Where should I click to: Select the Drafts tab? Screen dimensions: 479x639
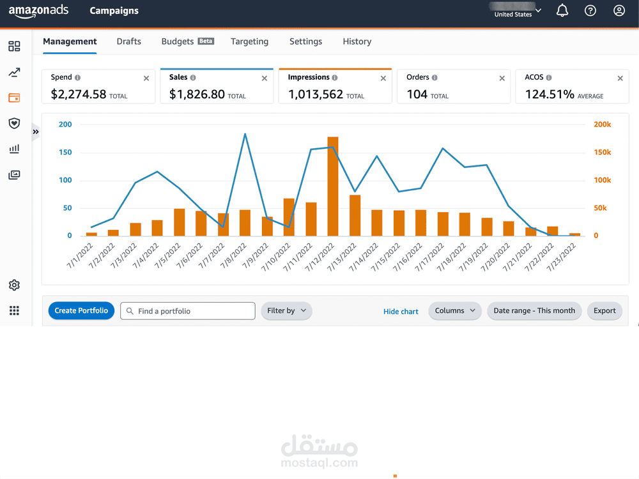click(x=128, y=42)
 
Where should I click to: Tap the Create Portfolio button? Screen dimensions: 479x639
click(x=81, y=311)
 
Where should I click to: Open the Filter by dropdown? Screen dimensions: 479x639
click(x=286, y=311)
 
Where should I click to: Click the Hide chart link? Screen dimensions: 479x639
click(x=401, y=312)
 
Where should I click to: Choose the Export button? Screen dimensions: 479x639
click(x=604, y=311)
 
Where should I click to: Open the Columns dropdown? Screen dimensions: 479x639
click(x=455, y=311)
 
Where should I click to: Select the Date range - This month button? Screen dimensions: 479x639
click(x=534, y=311)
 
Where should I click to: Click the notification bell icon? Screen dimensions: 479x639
click(x=562, y=11)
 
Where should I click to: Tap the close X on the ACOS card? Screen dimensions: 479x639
click(x=620, y=79)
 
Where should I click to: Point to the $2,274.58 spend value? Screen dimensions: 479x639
click(x=79, y=95)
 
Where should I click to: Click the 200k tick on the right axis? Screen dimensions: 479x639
click(x=602, y=125)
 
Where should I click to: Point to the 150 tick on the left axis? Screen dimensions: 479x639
click(x=65, y=153)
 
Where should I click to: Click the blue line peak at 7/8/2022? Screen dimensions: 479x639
click(x=245, y=134)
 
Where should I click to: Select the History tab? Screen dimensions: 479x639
click(x=357, y=42)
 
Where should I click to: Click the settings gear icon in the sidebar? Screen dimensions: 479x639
click(x=14, y=285)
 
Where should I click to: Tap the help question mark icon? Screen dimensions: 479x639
click(x=590, y=11)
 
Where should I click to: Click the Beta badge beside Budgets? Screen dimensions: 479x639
click(x=206, y=41)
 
